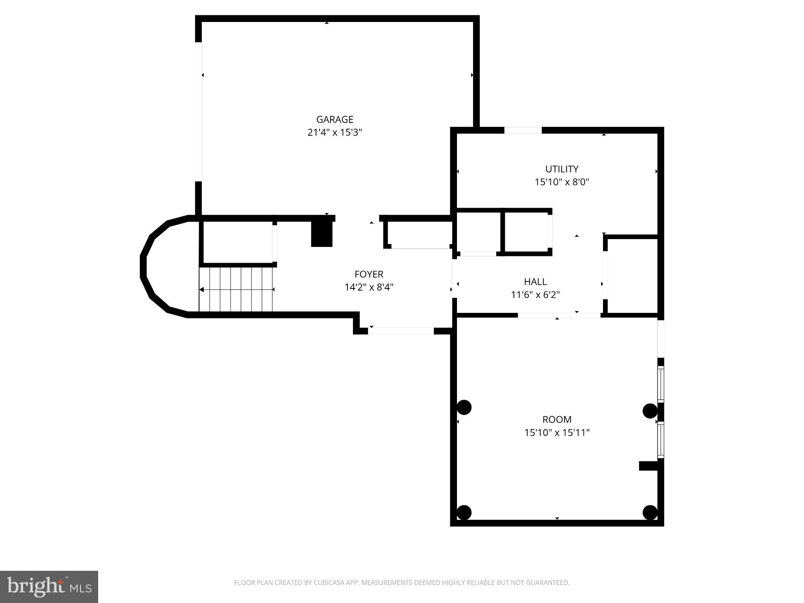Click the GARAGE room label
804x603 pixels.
click(x=334, y=119)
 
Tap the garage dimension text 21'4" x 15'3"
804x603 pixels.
click(x=334, y=132)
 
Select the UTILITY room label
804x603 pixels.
click(x=561, y=169)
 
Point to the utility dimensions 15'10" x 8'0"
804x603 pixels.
click(x=562, y=182)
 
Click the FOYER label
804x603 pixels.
click(x=369, y=274)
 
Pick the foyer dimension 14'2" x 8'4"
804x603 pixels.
click(x=369, y=287)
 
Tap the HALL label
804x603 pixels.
click(x=535, y=281)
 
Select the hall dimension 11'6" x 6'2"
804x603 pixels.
click(x=535, y=295)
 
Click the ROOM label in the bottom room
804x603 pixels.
click(x=557, y=419)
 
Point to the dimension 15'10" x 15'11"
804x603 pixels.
click(x=557, y=433)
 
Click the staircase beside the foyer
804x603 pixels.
click(x=236, y=289)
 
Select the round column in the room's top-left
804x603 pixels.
click(x=464, y=407)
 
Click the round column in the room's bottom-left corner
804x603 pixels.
click(x=464, y=512)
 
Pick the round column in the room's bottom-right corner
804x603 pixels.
click(x=650, y=512)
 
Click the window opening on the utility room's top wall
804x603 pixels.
click(x=523, y=130)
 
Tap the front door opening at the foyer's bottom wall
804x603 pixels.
click(x=401, y=331)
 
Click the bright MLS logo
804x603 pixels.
click(x=49, y=587)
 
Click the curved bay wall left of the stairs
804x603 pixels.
click(x=146, y=267)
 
